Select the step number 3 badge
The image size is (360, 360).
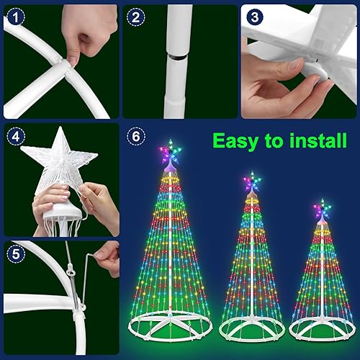tap(254, 15)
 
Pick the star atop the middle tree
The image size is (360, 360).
tap(251, 181)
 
